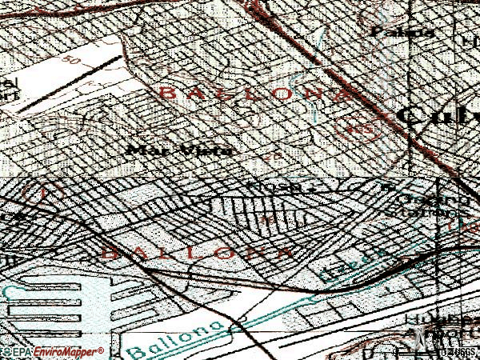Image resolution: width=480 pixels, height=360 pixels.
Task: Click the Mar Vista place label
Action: tap(180, 150)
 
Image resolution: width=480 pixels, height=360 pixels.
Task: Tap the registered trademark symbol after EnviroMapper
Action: tap(102, 350)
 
